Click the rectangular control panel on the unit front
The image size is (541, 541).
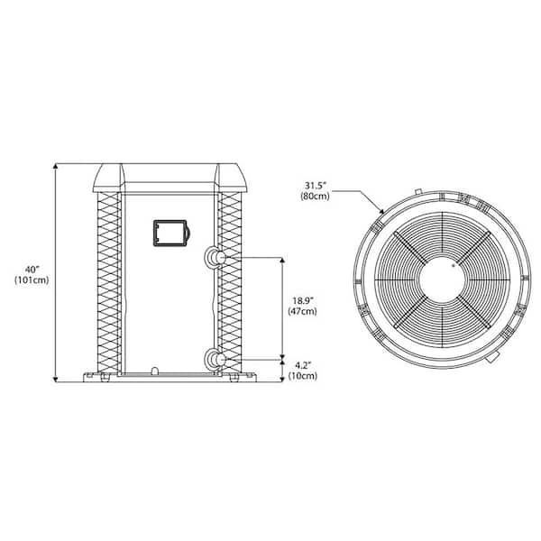(x=170, y=233)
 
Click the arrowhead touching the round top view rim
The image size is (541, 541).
(x=383, y=211)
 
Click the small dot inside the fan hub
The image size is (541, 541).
(x=453, y=266)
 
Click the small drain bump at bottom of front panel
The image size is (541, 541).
(x=156, y=370)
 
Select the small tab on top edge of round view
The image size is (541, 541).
(x=418, y=190)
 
